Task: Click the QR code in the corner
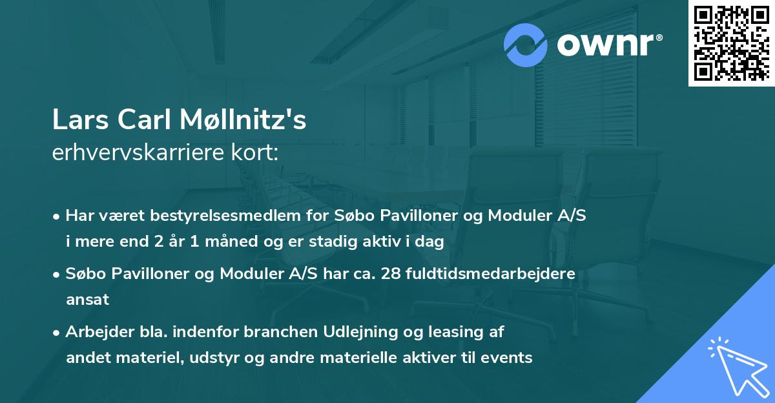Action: coord(731,43)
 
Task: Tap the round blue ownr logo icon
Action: coord(526,45)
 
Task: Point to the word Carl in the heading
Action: coord(135,120)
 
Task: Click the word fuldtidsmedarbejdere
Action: coord(486,273)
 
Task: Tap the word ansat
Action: coord(87,299)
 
